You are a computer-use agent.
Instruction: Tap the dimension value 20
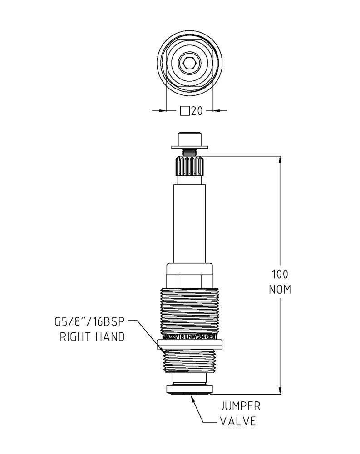click(197, 111)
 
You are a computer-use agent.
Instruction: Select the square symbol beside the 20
click(185, 111)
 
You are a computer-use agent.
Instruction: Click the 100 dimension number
click(280, 274)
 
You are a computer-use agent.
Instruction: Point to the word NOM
click(280, 289)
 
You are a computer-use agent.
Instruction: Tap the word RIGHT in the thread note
click(77, 337)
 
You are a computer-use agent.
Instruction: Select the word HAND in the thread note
click(111, 337)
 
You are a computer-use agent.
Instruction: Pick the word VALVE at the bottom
click(237, 421)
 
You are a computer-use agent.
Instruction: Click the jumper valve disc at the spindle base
click(189, 389)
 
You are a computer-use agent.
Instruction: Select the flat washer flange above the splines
click(189, 146)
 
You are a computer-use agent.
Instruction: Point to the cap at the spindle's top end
click(189, 137)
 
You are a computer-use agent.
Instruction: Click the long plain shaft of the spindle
click(189, 222)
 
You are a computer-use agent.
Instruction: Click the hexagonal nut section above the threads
click(189, 280)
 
